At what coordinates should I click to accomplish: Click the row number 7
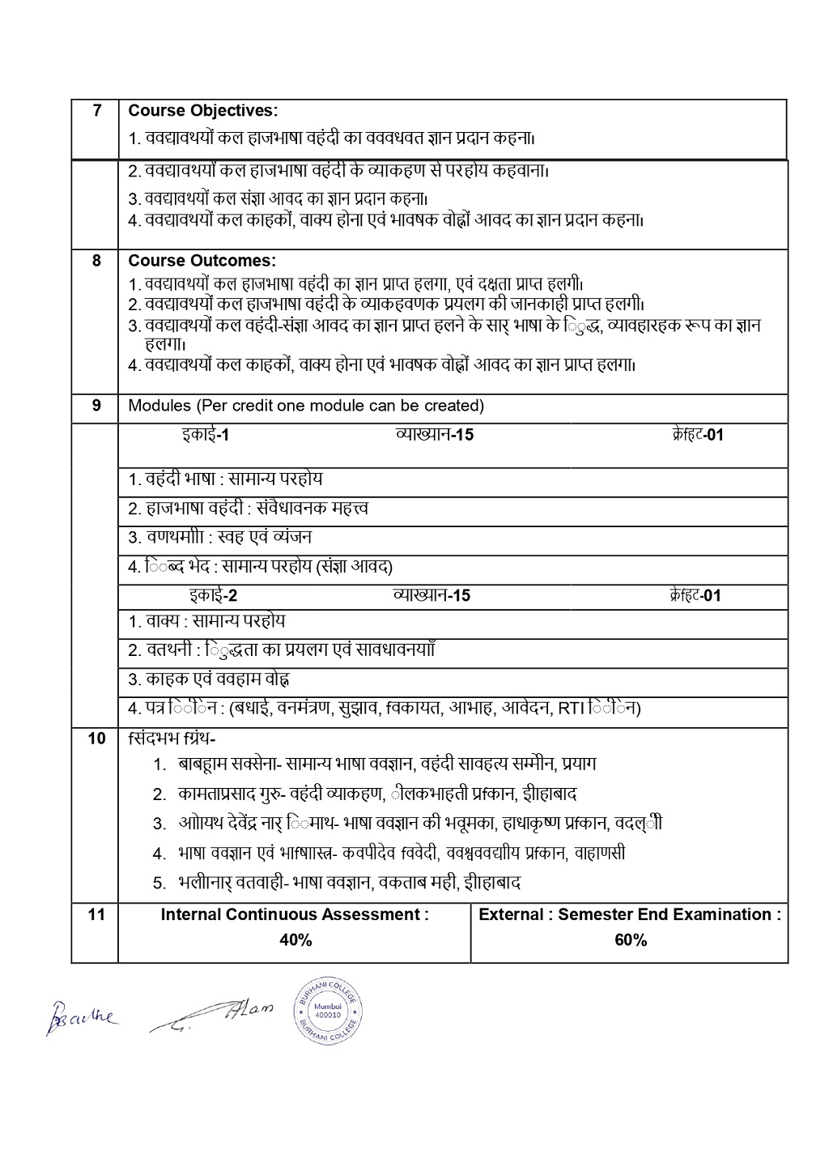click(x=96, y=111)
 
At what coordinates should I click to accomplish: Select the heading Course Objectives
click(x=202, y=111)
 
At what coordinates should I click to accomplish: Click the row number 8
click(x=96, y=262)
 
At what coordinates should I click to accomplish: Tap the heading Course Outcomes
click(x=202, y=262)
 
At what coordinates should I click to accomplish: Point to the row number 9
click(x=96, y=405)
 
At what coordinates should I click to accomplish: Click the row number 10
click(x=96, y=738)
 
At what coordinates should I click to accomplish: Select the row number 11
click(x=96, y=915)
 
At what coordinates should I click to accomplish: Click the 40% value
click(x=295, y=940)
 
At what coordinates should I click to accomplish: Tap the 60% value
click(x=631, y=940)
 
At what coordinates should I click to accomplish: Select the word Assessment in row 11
click(x=376, y=915)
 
